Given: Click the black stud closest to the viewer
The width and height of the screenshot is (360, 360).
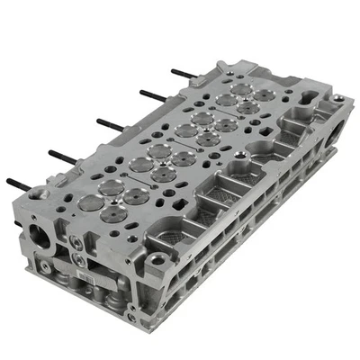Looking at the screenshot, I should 20,184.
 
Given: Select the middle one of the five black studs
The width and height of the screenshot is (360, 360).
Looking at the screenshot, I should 108,123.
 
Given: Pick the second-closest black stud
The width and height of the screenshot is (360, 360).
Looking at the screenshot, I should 61,155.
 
